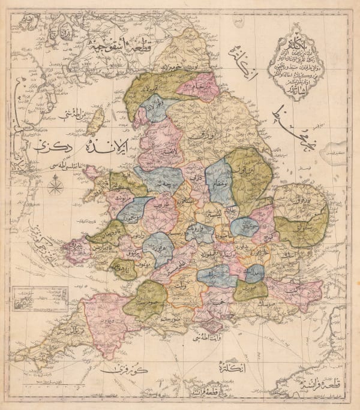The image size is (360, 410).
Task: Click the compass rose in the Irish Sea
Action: [55, 186]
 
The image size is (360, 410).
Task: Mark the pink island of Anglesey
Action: [92, 173]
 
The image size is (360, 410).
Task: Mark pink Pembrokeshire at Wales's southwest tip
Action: [77, 249]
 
